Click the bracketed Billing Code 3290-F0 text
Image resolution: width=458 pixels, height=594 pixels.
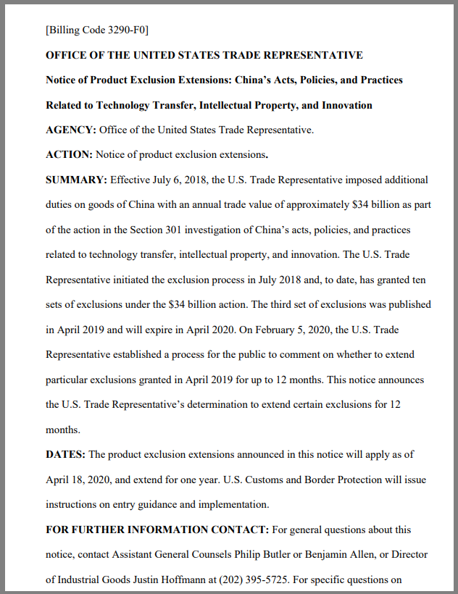pyautogui.click(x=97, y=30)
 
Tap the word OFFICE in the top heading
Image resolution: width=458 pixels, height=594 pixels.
pyautogui.click(x=65, y=55)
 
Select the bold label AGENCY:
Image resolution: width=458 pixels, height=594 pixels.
pyautogui.click(x=71, y=130)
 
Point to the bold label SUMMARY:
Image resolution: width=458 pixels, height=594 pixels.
pyautogui.click(x=76, y=180)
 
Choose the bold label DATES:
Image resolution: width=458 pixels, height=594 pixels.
pyautogui.click(x=65, y=454)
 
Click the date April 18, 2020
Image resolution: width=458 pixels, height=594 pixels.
pyautogui.click(x=78, y=480)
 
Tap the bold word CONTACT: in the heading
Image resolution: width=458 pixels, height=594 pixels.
pyautogui.click(x=240, y=530)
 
